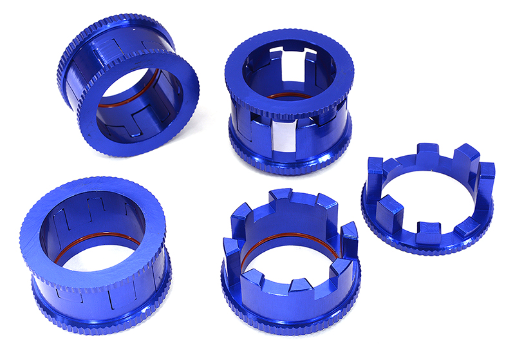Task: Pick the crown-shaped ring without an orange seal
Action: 428,200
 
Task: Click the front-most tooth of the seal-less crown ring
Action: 427,231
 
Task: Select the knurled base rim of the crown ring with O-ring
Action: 290,316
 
